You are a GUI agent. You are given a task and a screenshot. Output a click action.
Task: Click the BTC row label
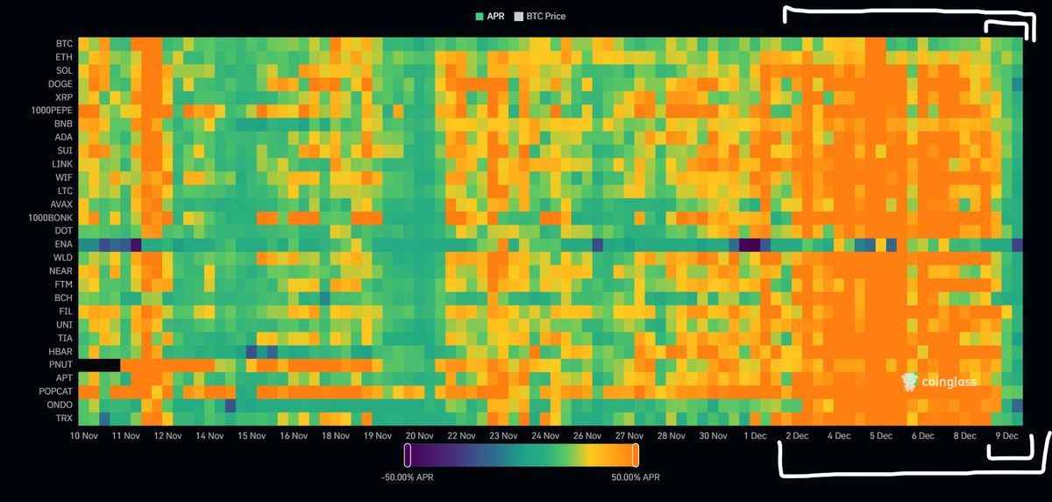[64, 44]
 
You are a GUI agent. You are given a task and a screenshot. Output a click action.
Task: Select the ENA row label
[63, 245]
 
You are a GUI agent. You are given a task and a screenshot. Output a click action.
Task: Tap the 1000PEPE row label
[52, 111]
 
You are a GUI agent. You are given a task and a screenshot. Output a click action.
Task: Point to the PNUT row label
[60, 365]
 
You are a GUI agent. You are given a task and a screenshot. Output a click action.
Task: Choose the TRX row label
[64, 419]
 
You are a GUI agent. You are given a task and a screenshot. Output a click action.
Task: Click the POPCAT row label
[55, 391]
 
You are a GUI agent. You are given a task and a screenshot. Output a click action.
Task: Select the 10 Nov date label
[84, 436]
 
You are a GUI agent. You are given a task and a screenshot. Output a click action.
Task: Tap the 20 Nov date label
[419, 436]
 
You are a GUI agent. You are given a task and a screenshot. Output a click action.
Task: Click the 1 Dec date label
[755, 436]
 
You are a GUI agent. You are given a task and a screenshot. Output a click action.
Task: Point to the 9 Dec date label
[1007, 436]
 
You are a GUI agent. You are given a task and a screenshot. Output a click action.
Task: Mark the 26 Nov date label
[587, 436]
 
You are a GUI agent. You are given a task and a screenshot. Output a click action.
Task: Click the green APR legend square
[480, 17]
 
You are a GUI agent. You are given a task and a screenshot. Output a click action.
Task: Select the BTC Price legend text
[545, 17]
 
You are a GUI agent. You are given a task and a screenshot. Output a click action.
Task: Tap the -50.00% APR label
[407, 477]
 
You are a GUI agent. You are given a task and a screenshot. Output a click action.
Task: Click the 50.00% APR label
[636, 477]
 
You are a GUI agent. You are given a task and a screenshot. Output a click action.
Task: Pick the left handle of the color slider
[408, 455]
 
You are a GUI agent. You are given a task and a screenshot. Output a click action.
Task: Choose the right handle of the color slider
[636, 455]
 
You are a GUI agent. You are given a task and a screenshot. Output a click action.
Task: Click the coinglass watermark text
[949, 382]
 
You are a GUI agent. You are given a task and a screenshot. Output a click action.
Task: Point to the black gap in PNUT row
[99, 365]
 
